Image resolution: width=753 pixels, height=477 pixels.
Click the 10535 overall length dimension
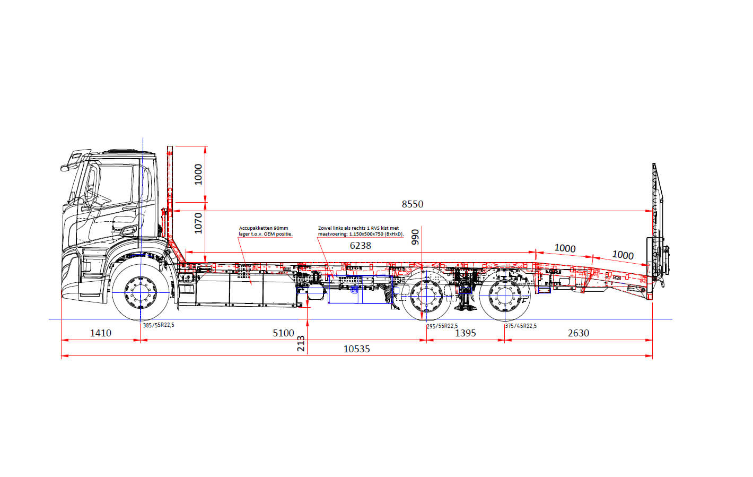[356, 349]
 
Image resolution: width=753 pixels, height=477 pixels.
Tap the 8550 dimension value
[412, 204]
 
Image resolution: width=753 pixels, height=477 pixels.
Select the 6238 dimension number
[360, 245]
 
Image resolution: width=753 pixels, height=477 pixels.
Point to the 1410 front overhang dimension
[100, 333]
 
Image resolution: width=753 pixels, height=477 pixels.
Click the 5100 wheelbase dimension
[283, 333]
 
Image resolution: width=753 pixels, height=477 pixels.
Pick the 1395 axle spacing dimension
[465, 333]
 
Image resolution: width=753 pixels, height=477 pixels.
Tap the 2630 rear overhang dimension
[578, 333]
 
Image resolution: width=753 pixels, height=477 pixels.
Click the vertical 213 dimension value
[301, 343]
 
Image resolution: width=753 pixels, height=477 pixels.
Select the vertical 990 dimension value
[415, 237]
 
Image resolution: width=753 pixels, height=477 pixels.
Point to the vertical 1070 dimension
[198, 223]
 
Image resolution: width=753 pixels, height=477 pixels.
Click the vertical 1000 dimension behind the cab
[198, 174]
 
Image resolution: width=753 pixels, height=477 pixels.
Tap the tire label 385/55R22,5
[159, 325]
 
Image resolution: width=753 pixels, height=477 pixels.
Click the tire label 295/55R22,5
[442, 326]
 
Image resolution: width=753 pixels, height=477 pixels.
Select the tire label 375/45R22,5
[521, 326]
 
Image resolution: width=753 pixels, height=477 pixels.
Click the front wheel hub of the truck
[141, 291]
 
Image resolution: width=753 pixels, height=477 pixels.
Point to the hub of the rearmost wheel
[504, 296]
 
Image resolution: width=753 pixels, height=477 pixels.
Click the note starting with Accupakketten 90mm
[265, 231]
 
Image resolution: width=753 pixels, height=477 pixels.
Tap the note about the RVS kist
[360, 231]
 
